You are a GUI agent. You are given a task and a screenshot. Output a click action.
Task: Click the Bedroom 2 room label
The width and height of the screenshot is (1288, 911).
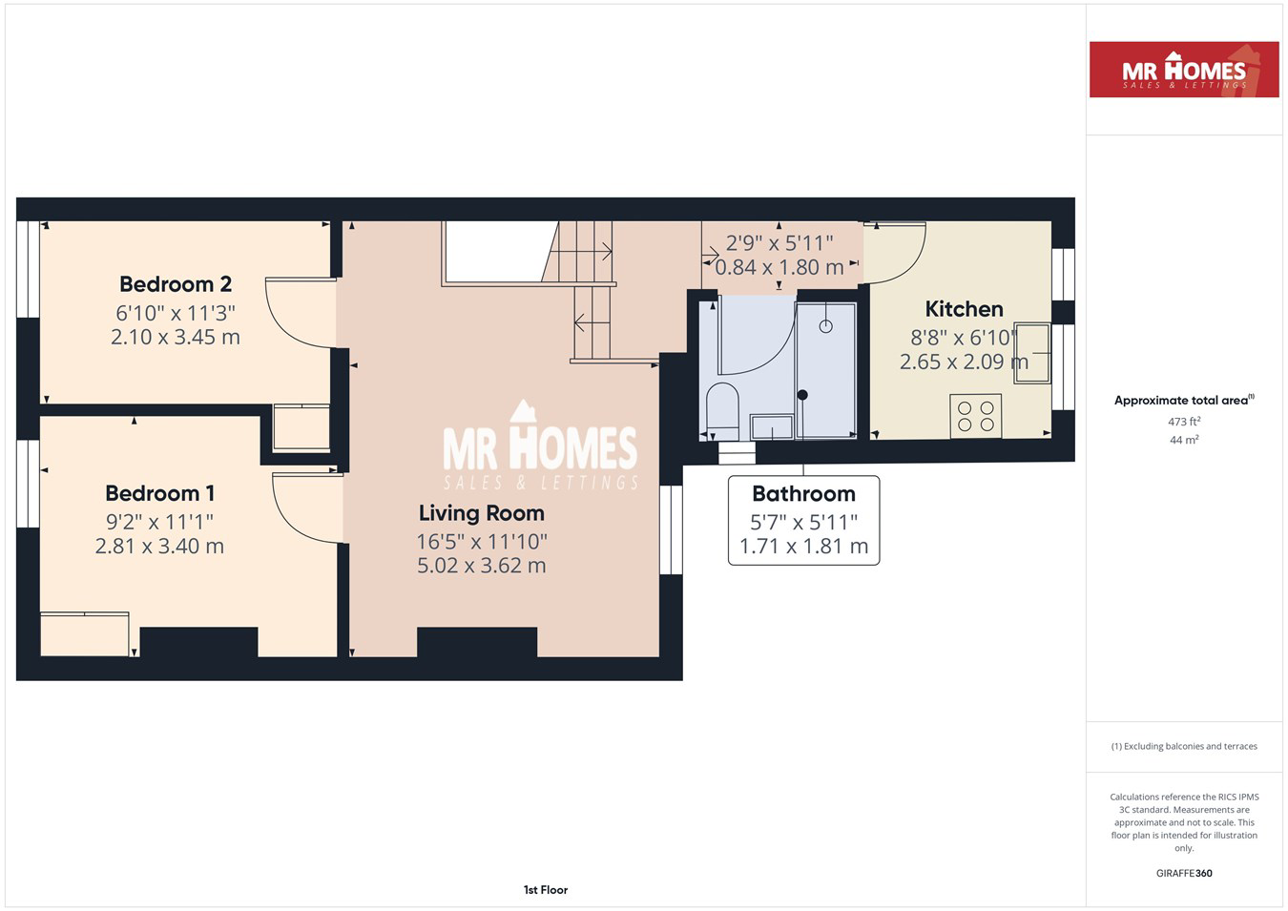[176, 284]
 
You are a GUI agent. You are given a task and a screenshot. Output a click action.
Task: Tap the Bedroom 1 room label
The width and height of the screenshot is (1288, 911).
[160, 493]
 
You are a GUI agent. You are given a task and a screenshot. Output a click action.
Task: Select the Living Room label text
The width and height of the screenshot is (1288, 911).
[481, 513]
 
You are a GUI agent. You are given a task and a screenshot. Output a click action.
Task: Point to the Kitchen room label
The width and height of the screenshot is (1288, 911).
[964, 309]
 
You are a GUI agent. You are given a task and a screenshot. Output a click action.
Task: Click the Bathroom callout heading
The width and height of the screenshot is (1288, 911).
[804, 494]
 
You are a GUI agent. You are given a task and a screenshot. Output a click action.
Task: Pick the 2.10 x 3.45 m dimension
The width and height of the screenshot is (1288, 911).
[176, 337]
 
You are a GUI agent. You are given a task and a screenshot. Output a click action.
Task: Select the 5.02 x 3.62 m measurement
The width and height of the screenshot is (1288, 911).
[481, 566]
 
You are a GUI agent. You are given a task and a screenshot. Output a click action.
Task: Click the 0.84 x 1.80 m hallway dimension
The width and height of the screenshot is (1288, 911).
[779, 267]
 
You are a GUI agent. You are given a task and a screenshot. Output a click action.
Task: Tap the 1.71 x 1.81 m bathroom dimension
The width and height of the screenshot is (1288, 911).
[804, 546]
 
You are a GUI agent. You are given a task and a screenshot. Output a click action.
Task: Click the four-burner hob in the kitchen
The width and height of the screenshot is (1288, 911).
[976, 416]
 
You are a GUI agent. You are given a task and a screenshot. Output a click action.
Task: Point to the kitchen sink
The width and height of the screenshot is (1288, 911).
[1032, 353]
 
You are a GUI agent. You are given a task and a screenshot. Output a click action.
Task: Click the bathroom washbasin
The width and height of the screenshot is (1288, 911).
[772, 427]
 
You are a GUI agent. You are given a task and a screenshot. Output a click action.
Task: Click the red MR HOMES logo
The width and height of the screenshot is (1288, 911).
[1184, 70]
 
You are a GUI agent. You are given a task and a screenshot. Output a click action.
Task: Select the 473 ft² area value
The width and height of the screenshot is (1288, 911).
[1184, 422]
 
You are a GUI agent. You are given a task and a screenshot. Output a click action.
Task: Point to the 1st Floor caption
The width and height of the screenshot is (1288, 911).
[546, 890]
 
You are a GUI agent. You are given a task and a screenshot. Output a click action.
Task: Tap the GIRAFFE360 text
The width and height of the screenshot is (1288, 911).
[1184, 873]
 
